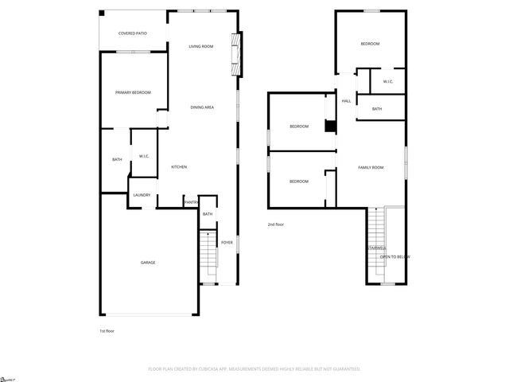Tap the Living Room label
point(200,47)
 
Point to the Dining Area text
point(201,107)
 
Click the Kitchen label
point(179,167)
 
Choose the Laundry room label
point(142,195)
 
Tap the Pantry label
point(191,203)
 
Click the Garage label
point(148,263)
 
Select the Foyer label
point(227,242)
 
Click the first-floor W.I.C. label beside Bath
point(144,156)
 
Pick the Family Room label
point(371,167)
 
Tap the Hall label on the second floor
point(346,101)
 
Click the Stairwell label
point(376,248)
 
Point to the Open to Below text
point(394,256)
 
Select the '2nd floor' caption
point(275,225)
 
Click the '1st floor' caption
point(107,330)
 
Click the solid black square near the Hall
point(330,125)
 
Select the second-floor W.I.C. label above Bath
point(388,82)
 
